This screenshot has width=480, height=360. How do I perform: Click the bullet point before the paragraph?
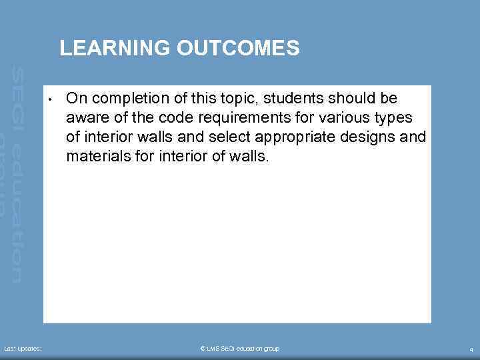(x=50, y=101)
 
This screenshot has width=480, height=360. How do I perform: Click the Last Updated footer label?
(x=23, y=349)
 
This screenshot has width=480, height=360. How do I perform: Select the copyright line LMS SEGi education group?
(x=240, y=349)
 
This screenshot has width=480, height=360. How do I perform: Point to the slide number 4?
(x=471, y=349)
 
